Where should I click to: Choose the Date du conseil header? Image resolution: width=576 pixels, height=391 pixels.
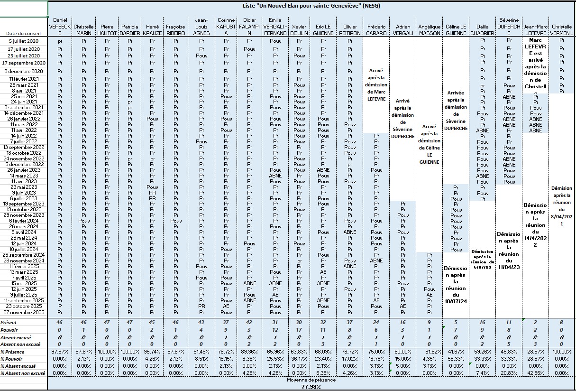coord(25,33)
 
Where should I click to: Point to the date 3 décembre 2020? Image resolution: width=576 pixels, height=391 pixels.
coord(27,71)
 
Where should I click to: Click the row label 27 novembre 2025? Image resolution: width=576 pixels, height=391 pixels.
coord(24,312)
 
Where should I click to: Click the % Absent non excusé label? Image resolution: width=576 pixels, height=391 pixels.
coord(22,373)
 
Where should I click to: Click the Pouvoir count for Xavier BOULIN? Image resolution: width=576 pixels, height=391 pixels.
coord(299,329)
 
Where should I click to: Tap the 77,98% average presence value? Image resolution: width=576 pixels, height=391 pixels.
coord(311,387)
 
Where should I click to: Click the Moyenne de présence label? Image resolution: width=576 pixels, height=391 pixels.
coord(311,381)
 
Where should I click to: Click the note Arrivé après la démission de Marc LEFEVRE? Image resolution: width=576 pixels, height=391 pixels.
coord(376,85)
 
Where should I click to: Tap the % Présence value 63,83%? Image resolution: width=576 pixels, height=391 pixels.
coord(299,352)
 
